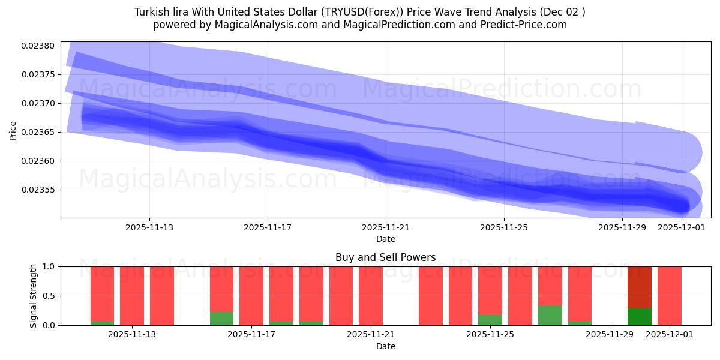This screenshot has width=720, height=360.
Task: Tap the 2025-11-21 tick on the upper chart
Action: tap(386, 227)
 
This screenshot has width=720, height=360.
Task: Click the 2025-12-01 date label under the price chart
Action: tap(681, 227)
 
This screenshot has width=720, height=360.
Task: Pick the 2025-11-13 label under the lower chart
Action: tap(132, 335)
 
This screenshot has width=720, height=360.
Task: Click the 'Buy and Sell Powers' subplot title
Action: tap(385, 258)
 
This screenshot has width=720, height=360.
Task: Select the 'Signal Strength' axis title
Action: tap(34, 296)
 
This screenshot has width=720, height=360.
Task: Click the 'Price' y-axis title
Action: tap(13, 130)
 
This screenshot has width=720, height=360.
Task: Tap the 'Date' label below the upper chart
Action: tap(385, 239)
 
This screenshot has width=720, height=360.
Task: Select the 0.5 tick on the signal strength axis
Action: tap(49, 296)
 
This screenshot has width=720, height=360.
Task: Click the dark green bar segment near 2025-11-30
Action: tap(640, 317)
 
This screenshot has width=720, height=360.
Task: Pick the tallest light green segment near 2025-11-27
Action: tap(550, 315)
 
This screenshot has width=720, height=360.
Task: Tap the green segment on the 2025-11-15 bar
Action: tap(221, 319)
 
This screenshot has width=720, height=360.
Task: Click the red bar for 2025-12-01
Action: tap(669, 296)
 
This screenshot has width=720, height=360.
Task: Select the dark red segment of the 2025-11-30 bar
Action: tap(640, 287)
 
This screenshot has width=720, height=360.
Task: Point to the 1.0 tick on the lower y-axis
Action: tap(49, 266)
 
